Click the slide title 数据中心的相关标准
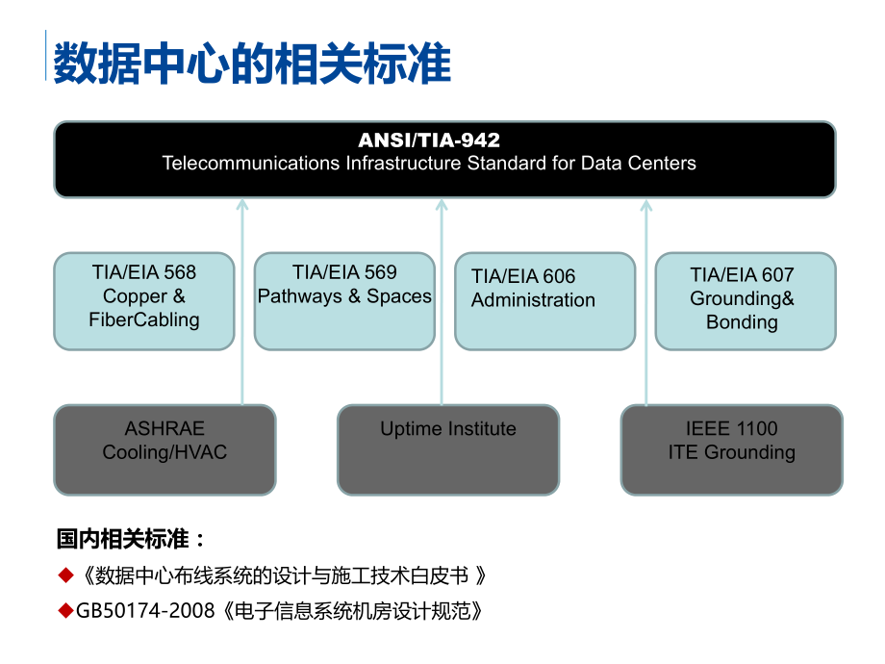click(x=252, y=65)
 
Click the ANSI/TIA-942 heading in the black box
click(x=429, y=140)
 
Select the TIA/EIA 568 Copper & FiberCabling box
click(x=144, y=300)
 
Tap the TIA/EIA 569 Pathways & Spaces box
click(x=344, y=300)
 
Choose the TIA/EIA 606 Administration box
click(x=544, y=300)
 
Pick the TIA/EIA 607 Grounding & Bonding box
click(x=745, y=300)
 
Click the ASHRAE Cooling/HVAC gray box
click(x=164, y=449)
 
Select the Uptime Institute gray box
click(x=447, y=449)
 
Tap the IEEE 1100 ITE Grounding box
click(x=731, y=449)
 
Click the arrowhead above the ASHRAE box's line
click(x=242, y=204)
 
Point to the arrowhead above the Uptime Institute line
click(x=442, y=204)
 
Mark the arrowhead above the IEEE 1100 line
click(x=646, y=204)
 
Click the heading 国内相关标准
click(x=131, y=538)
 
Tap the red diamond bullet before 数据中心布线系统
click(x=65, y=575)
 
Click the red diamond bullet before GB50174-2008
click(x=65, y=610)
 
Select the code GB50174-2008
click(x=145, y=611)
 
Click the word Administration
click(x=533, y=300)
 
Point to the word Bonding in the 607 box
click(x=742, y=322)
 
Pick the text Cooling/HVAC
click(x=164, y=452)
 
